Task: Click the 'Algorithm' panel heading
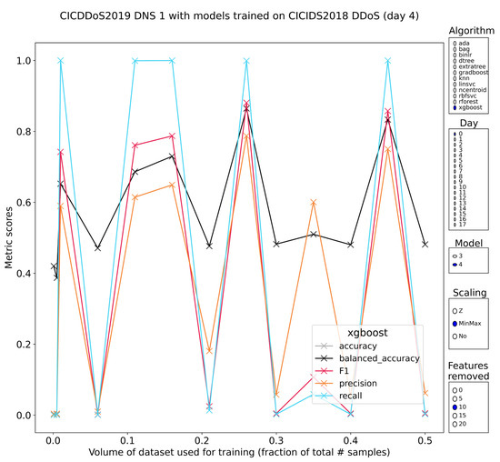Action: (x=472, y=31)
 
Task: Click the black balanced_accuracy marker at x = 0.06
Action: (x=97, y=247)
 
